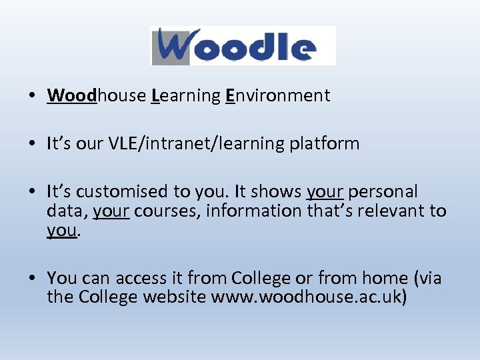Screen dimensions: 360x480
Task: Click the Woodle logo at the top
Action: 243,45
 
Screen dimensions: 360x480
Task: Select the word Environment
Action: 277,95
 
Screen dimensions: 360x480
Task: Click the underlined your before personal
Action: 325,191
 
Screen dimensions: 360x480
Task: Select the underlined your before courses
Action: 111,211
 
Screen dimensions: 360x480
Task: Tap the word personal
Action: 383,191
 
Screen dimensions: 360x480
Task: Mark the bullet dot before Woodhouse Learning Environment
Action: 33,96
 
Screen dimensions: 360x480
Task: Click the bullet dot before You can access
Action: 33,278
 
